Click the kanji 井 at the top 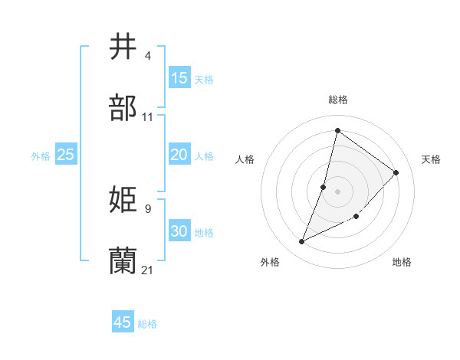pos(123,47)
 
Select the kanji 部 pos(123,109)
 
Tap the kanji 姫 pos(123,200)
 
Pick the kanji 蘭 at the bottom pos(123,260)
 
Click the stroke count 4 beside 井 pos(147,56)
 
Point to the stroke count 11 pos(148,117)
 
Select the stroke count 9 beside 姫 pos(147,208)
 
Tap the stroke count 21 pos(148,270)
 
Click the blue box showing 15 pos(179,78)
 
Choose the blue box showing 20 pos(179,155)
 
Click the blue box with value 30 pos(179,231)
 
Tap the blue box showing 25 pos(66,155)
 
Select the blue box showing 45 pos(123,322)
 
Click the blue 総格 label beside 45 pos(147,324)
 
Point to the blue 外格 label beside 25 pos(41,156)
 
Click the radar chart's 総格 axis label pos(338,100)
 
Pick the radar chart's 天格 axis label pos(431,159)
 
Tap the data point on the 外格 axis pos(302,242)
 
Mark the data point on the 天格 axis pos(396,172)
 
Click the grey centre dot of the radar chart pos(338,191)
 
